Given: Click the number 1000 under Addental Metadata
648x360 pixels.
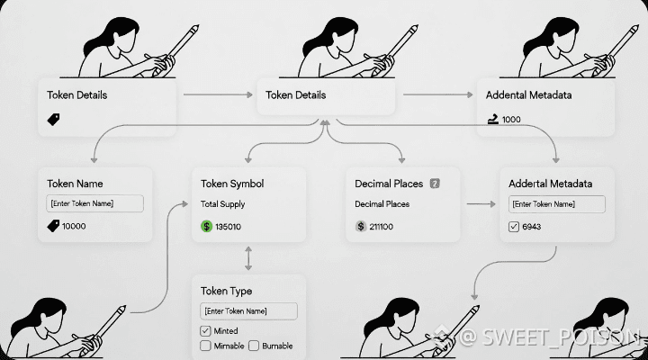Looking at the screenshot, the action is pos(511,119).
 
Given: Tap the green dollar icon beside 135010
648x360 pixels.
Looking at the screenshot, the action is pos(206,226).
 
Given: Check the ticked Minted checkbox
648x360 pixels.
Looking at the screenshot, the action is pos(205,330).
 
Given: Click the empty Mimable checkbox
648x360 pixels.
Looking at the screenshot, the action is pos(205,346).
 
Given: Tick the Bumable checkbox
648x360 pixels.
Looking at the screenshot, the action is pos(254,346).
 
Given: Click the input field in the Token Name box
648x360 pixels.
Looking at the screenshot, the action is pos(94,203).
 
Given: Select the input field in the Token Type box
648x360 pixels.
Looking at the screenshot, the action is pos(247,311).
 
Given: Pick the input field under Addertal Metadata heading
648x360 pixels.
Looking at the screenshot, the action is pos(555,203).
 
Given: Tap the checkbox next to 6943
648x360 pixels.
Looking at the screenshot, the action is pos(514,226).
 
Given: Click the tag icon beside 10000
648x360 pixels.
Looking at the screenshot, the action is pos(52,226).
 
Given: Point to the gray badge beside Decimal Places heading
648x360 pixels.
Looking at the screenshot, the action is pos(435,184).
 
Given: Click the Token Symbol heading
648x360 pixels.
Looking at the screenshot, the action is pos(232,184).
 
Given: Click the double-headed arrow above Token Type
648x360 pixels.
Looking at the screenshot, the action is pos(248,260).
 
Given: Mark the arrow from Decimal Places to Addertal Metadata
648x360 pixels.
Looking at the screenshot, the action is pos(479,204).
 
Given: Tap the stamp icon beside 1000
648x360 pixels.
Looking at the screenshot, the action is pos(492,118).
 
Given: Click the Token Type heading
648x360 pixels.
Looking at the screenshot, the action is pos(226,292).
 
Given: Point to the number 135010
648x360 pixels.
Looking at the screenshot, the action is pos(228,226).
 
